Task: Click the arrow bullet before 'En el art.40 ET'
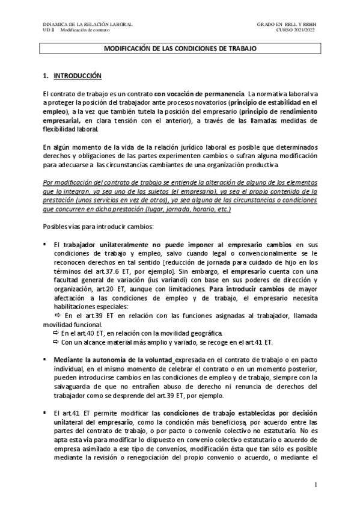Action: tap(55, 333)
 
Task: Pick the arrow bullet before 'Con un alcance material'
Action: tap(55, 342)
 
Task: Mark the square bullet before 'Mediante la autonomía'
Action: tap(45, 359)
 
